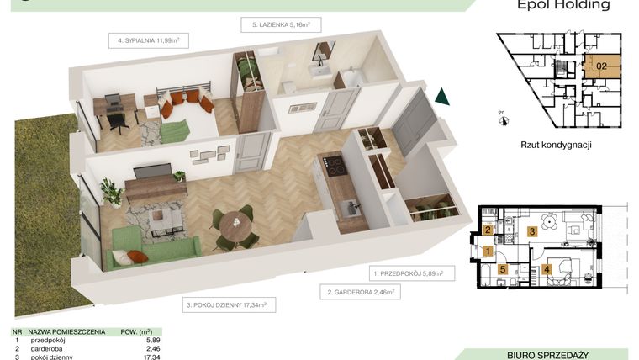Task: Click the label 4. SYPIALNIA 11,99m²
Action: pyautogui.click(x=150, y=40)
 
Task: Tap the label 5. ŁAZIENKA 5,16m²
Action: pyautogui.click(x=281, y=25)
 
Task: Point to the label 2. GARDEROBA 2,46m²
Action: pyautogui.click(x=359, y=293)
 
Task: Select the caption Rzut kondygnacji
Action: pyautogui.click(x=557, y=145)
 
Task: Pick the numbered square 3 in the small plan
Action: pyautogui.click(x=531, y=231)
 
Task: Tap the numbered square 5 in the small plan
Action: pyautogui.click(x=503, y=270)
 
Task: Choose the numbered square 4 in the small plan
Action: pyautogui.click(x=547, y=270)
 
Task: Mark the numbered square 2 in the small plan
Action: pyautogui.click(x=488, y=231)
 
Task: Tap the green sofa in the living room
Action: pyautogui.click(x=151, y=248)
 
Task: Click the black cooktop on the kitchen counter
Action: pyautogui.click(x=335, y=166)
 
